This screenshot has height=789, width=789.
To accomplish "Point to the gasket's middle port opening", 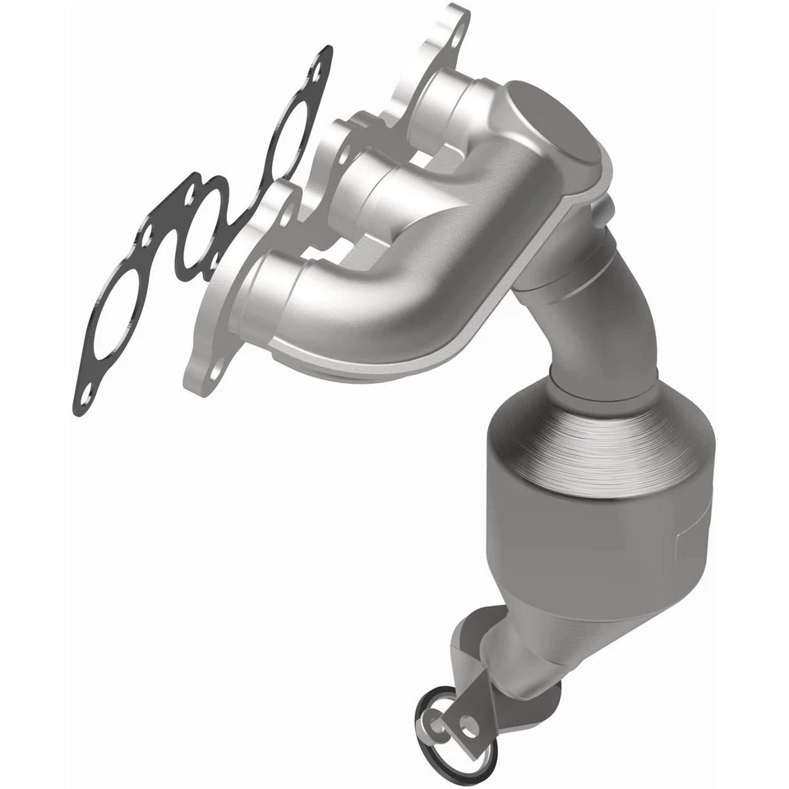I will [201, 225].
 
